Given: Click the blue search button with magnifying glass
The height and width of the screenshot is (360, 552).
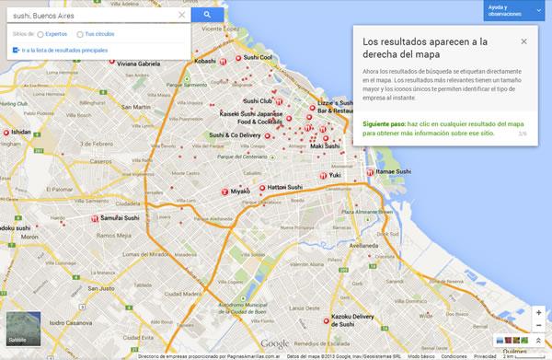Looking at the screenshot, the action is click(x=209, y=15).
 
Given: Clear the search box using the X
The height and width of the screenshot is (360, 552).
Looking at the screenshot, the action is click(x=181, y=15).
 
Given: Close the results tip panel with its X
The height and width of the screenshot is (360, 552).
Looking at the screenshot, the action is click(x=523, y=41).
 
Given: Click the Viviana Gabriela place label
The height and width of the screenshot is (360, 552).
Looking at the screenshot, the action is click(x=138, y=64).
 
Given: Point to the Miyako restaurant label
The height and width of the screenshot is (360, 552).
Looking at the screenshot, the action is click(x=240, y=191).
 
